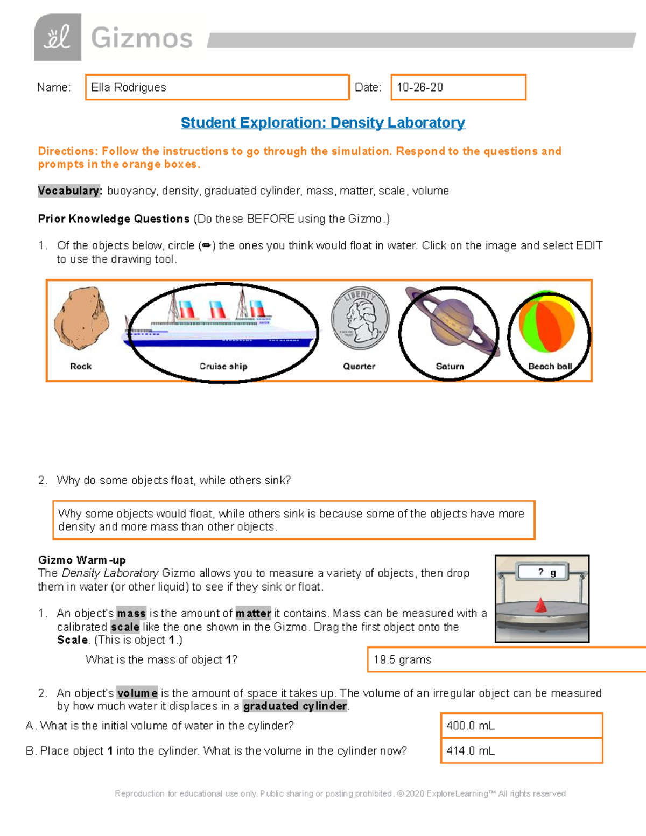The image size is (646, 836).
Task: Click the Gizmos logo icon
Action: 58,38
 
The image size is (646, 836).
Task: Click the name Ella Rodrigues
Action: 129,88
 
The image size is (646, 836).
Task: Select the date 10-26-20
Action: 420,88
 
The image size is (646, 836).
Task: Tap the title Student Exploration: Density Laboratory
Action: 323,123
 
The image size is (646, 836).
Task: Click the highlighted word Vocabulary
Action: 69,191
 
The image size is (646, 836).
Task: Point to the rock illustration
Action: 81,319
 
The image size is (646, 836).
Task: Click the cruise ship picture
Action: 221,323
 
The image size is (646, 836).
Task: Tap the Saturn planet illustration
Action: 451,323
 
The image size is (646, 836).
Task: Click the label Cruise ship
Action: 223,367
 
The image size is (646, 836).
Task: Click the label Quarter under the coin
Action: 359,367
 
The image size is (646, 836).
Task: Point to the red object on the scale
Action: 540,606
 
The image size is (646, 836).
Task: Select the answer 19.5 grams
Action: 403,660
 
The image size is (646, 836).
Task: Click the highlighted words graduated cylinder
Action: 295,706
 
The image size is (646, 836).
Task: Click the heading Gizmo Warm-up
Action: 82,560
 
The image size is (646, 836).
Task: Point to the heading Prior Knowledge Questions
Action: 114,219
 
